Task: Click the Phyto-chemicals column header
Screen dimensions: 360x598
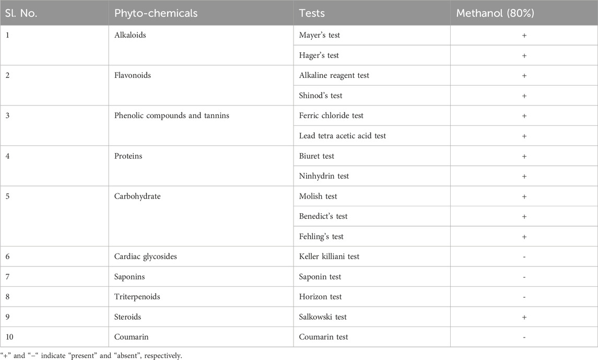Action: point(156,13)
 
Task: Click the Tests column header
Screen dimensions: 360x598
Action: point(312,13)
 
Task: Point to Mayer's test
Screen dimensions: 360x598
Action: point(320,35)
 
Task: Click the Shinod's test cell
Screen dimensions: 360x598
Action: point(321,96)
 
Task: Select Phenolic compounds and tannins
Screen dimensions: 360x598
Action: point(171,115)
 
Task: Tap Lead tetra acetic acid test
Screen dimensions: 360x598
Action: point(343,136)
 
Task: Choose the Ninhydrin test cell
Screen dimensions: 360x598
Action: point(324,176)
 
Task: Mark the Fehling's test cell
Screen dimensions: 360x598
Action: point(321,237)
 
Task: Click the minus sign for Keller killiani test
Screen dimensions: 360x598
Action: point(524,257)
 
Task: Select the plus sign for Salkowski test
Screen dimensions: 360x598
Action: point(524,317)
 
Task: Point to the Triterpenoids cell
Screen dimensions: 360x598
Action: point(137,297)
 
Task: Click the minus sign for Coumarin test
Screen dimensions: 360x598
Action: point(524,338)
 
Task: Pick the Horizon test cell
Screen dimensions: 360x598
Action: point(320,297)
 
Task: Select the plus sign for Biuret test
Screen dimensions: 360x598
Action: point(524,156)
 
